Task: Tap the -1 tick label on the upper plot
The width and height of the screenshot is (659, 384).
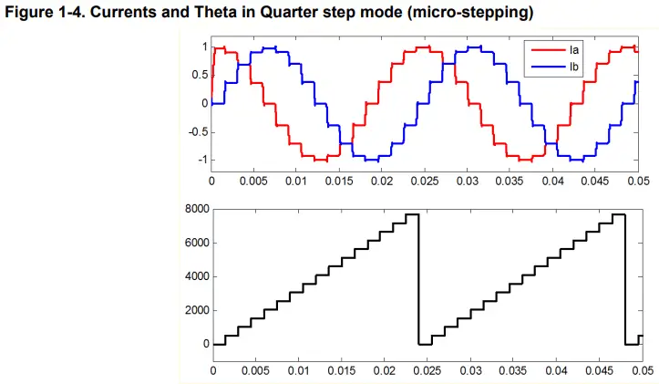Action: pos(201,160)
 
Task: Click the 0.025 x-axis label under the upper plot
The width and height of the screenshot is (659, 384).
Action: pos(425,182)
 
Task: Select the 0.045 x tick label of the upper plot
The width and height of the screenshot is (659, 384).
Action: pos(595,182)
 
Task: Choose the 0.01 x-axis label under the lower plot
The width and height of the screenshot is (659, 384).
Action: pos(298,371)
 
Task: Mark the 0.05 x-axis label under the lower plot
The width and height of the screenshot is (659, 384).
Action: pos(639,371)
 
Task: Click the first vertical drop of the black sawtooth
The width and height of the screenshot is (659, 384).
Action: pos(418,278)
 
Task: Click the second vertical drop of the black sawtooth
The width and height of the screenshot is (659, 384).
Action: pos(624,278)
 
